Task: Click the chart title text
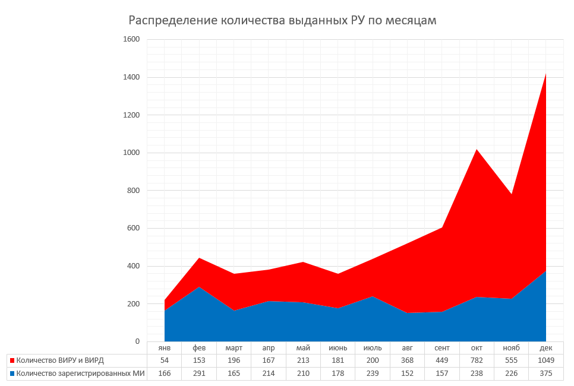pos(283,21)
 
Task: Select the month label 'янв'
pos(165,348)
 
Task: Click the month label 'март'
pos(234,348)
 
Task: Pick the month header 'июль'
pos(372,348)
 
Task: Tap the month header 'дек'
pos(545,348)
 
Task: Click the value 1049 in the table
pos(545,360)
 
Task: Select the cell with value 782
pos(477,360)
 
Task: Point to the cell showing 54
pos(165,360)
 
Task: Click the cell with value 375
pos(545,374)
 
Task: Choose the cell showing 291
pos(199,374)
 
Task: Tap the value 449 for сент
pos(441,360)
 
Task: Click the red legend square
pos(12,360)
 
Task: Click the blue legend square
pos(12,374)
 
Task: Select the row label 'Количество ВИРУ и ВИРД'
pos(60,360)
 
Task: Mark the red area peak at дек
pos(545,74)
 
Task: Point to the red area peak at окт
pos(477,149)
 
